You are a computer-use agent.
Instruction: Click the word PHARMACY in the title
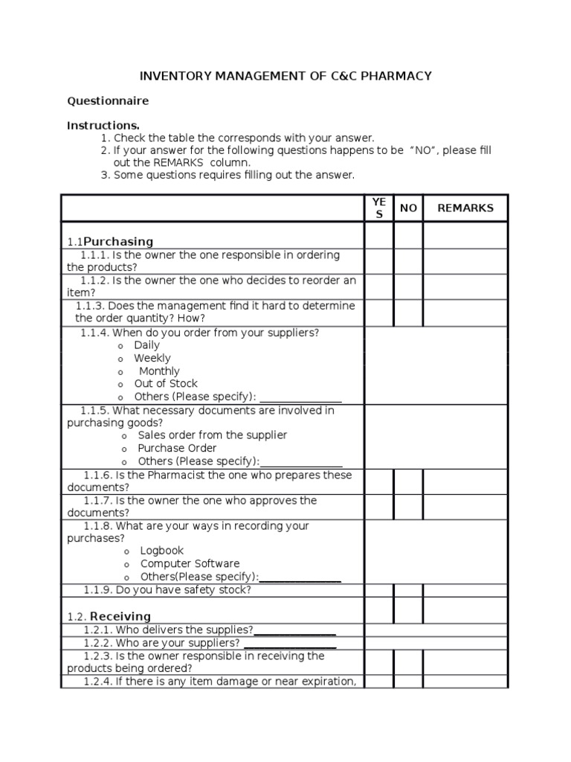393,76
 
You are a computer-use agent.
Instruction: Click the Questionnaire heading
108,100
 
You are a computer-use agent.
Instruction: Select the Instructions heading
103,125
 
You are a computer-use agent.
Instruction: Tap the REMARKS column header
465,208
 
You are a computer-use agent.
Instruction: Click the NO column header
408,208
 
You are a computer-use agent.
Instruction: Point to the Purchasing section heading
117,241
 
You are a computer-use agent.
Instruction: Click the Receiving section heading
120,616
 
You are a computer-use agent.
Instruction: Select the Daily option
146,345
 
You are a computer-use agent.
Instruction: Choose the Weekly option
152,358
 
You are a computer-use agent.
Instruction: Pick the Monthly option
159,371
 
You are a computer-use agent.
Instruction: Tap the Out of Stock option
166,384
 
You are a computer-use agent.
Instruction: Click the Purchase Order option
177,448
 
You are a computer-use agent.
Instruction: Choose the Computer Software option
190,563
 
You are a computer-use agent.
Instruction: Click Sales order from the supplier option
212,435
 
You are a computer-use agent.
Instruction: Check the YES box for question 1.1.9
378,590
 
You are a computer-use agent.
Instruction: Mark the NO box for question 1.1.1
408,260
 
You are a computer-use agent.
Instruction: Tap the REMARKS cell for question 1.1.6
465,481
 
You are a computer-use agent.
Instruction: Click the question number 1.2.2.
98,643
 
